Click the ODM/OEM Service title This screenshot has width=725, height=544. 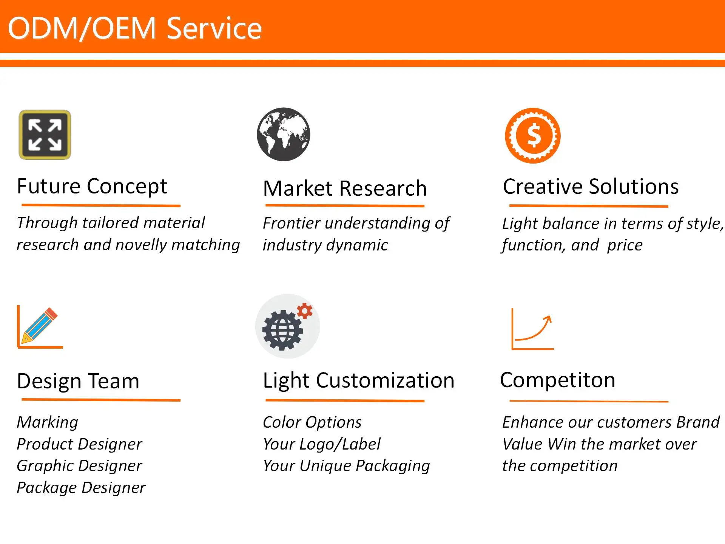(x=134, y=28)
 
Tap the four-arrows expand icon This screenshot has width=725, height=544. (x=45, y=135)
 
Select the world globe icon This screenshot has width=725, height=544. (x=284, y=134)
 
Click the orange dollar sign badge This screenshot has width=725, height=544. (x=533, y=136)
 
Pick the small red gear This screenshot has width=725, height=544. (x=305, y=311)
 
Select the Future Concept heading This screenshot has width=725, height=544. (x=92, y=186)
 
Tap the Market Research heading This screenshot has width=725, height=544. (x=345, y=188)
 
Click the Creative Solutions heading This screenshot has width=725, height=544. (x=591, y=186)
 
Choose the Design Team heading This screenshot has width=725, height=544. (x=78, y=381)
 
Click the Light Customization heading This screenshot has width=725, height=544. (x=358, y=380)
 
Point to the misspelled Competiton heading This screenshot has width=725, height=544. (x=557, y=380)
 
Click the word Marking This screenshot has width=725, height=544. (x=48, y=422)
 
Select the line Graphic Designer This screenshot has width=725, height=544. (x=79, y=466)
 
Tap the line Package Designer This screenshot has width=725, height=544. (x=81, y=488)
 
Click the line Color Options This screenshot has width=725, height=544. (x=312, y=422)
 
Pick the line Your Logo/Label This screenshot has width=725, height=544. (x=322, y=444)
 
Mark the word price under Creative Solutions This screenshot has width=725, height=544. (x=625, y=245)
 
